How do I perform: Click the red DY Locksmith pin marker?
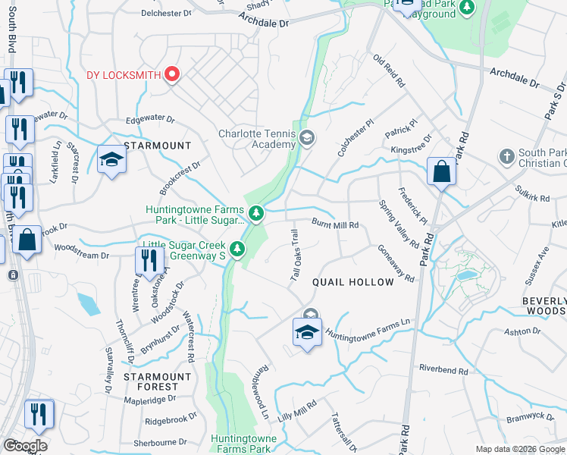(x=172, y=74)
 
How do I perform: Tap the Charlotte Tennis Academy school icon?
(x=307, y=138)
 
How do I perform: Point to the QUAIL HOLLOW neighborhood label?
(x=353, y=282)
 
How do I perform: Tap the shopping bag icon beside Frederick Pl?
(x=441, y=172)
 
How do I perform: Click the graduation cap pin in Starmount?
(x=111, y=160)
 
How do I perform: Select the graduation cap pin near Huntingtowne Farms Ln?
(x=307, y=332)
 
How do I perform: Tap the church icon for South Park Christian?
(x=506, y=156)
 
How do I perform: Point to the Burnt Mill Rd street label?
(x=334, y=224)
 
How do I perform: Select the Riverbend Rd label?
(x=443, y=369)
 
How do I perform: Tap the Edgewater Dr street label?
(x=150, y=120)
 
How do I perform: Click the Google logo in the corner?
(x=25, y=446)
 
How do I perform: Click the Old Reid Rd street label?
(x=390, y=71)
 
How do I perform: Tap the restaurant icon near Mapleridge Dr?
(x=39, y=414)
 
